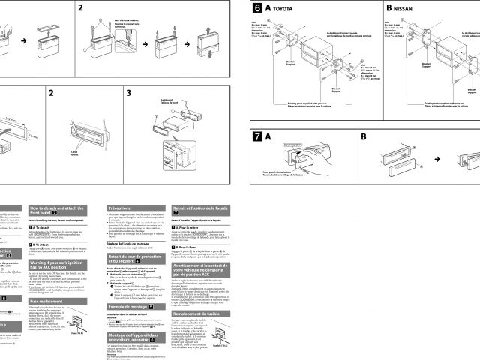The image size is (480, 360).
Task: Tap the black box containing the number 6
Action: [x=259, y=10]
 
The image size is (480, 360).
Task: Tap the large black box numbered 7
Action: [x=259, y=138]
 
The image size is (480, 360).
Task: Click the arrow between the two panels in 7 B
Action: [x=437, y=160]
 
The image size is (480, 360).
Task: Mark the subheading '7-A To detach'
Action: [x=40, y=225]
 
